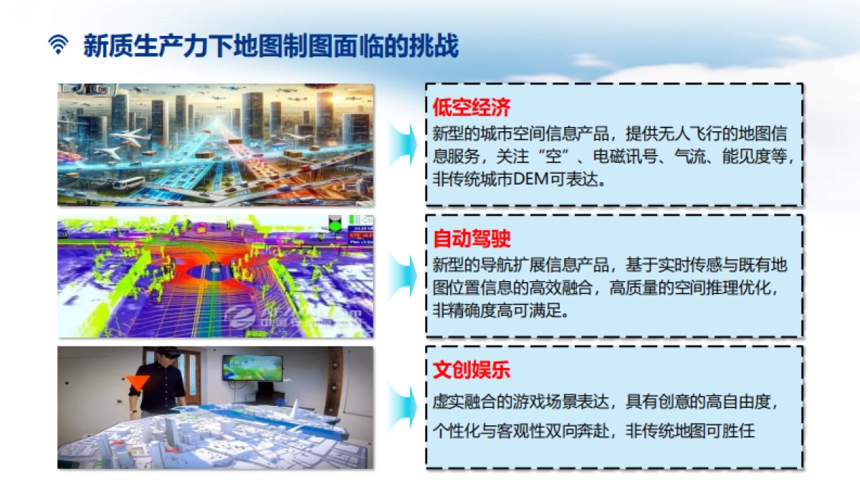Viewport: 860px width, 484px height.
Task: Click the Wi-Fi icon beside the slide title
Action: coord(58,46)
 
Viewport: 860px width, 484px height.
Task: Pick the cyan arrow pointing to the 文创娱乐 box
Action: coord(403,407)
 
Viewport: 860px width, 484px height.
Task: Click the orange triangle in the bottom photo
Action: coord(138,382)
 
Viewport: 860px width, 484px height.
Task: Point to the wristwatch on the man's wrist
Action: coord(133,412)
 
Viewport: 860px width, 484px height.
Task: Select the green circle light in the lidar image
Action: coord(333,226)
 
